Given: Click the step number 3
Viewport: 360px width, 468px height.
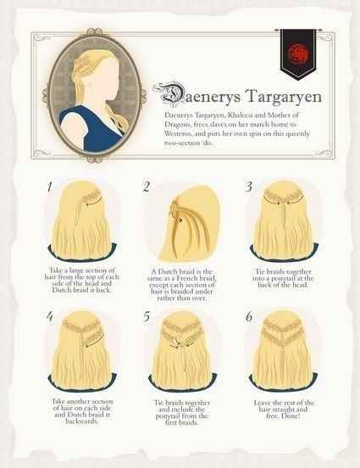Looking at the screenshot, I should pos(249,186).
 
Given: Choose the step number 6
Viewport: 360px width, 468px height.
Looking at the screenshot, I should pos(249,317).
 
